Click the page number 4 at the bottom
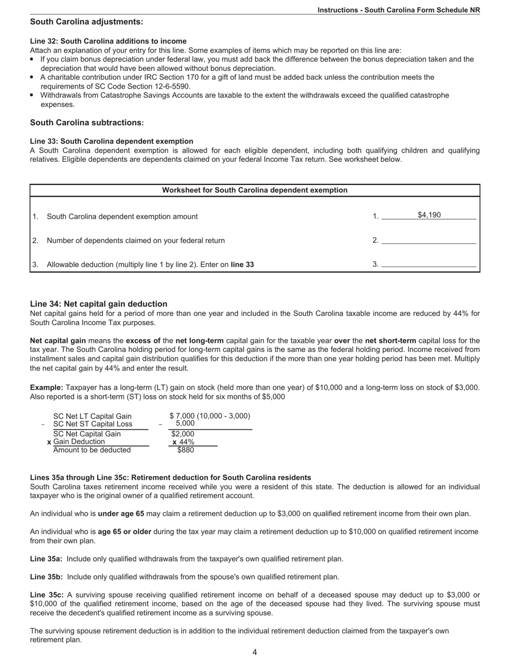pyautogui.click(x=254, y=652)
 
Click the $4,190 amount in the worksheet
pyautogui.click(x=429, y=215)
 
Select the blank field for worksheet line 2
pyautogui.click(x=428, y=240)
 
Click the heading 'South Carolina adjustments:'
pyautogui.click(x=86, y=21)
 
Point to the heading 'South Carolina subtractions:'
pyautogui.click(x=87, y=123)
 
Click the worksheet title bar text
pyautogui.click(x=254, y=190)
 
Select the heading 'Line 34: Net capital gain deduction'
pyautogui.click(x=99, y=304)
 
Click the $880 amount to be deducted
pyautogui.click(x=185, y=450)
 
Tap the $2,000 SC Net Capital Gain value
pyautogui.click(x=183, y=434)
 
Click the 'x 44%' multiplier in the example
pyautogui.click(x=183, y=442)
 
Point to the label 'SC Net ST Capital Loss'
pyautogui.click(x=92, y=424)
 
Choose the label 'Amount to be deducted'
pyautogui.click(x=92, y=450)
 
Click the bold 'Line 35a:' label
pyautogui.click(x=46, y=559)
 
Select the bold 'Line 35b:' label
pyautogui.click(x=46, y=577)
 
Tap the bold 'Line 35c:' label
pyautogui.click(x=47, y=595)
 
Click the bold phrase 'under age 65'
pyautogui.click(x=121, y=514)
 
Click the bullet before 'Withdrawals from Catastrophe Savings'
pyautogui.click(x=33, y=95)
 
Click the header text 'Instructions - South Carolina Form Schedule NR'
pyautogui.click(x=398, y=10)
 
